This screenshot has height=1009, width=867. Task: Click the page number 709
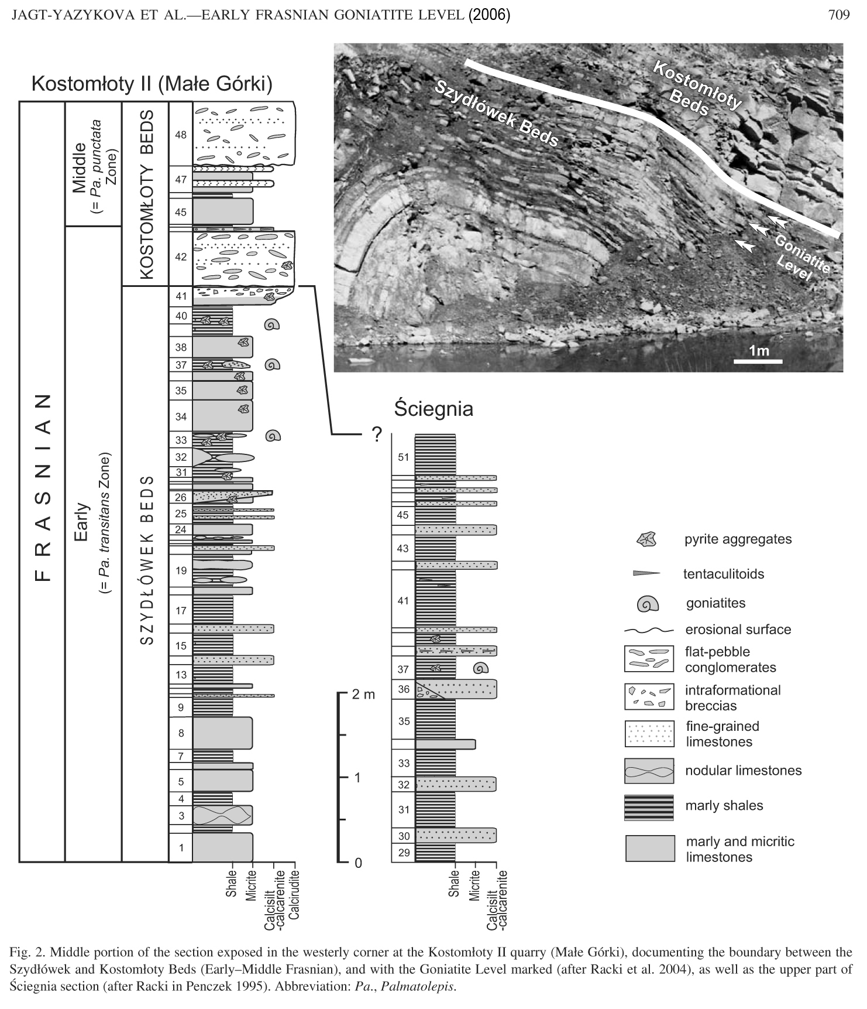(x=839, y=15)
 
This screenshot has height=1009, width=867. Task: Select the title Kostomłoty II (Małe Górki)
(x=152, y=84)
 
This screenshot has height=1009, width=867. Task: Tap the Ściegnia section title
(x=433, y=408)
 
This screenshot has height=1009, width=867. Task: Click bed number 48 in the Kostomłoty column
(x=180, y=135)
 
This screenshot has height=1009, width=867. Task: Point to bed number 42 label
(x=180, y=256)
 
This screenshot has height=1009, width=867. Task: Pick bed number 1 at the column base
(x=181, y=847)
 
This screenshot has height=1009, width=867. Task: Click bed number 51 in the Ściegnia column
(x=403, y=457)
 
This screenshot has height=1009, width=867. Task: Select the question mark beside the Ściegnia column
(x=377, y=435)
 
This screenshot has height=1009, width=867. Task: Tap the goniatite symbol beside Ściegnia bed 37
(x=480, y=668)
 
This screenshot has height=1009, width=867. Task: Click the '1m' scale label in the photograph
(x=759, y=351)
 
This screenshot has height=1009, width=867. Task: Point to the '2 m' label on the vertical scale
(x=363, y=695)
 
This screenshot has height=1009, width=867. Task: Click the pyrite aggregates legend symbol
(x=647, y=539)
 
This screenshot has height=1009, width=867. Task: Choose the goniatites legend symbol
(x=648, y=604)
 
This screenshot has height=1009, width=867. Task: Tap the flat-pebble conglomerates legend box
(x=649, y=659)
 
